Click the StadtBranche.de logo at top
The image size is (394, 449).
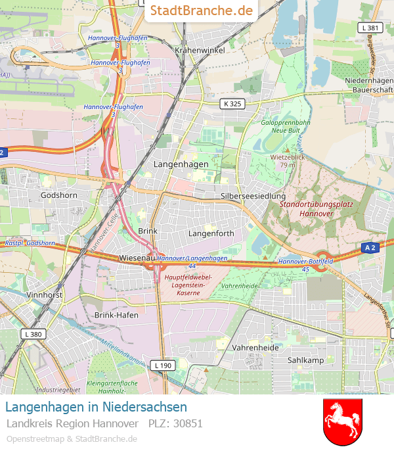pos(201,11)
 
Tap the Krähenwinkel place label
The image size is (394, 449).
pos(200,50)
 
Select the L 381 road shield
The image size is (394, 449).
pos(370,28)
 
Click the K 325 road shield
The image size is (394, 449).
pos(232,103)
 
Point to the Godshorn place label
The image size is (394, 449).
pos(59,195)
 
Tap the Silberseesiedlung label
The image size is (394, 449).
pos(253,196)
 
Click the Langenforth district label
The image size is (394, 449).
pos(211,233)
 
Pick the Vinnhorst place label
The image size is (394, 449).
pos(45,296)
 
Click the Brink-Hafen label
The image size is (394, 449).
pos(115,315)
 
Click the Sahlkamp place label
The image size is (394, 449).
pos(306,360)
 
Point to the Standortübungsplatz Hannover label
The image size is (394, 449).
pos(316,208)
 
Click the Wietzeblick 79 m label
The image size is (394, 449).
pos(288,161)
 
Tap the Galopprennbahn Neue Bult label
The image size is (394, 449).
pos(286,126)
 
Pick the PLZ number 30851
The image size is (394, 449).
pos(188,423)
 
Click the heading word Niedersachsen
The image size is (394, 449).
pos(144,407)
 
